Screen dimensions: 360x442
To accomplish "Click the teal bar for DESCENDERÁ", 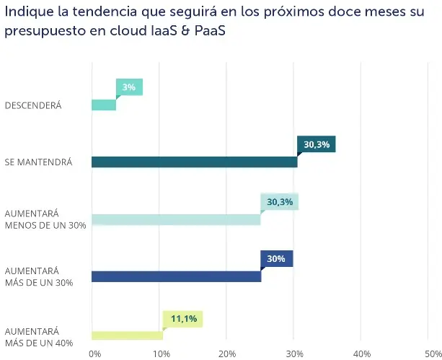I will tap(104, 105).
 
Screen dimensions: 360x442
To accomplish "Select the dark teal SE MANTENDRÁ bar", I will tap(194, 162).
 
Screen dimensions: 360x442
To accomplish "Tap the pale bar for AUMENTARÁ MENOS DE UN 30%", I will tap(176, 219).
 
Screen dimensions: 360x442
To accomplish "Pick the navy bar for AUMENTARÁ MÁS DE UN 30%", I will tap(176, 276).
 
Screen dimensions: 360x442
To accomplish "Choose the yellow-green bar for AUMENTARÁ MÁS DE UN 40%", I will tap(127, 335).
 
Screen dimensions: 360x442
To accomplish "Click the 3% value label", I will tap(129, 87).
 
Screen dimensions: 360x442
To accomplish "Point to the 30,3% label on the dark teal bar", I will tap(317, 144).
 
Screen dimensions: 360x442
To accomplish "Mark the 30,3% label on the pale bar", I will tap(280, 201).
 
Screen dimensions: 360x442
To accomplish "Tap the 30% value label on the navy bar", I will tap(277, 258).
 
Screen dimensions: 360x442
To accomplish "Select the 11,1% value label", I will tap(183, 318).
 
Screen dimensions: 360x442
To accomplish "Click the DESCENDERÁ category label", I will tap(33, 105).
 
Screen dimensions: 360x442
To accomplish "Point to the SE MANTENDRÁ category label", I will tap(39, 162).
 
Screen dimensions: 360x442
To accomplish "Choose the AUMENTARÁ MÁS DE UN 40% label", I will tap(39, 337).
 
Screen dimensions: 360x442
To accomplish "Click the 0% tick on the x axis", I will tap(94, 354).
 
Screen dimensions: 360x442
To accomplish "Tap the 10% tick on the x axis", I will tap(161, 354).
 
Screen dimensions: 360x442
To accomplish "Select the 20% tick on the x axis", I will tap(229, 354).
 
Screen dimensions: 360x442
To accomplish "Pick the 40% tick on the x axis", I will tap(363, 354).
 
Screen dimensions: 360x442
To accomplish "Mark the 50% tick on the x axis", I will tap(430, 354).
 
